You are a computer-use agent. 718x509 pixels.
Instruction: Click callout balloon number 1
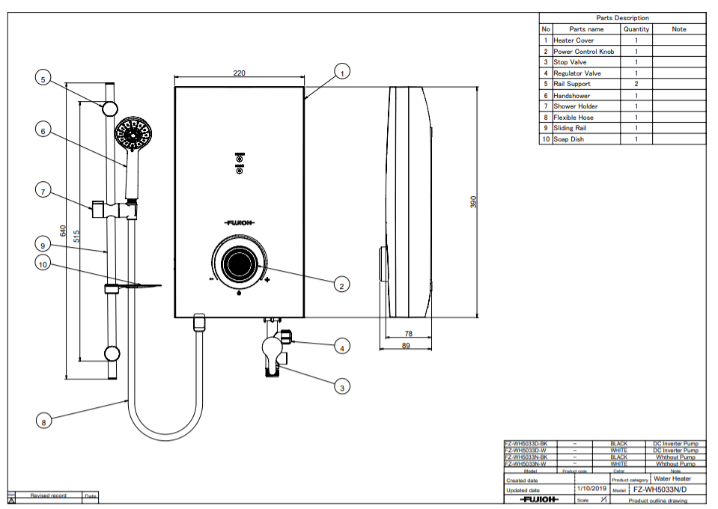[341, 73]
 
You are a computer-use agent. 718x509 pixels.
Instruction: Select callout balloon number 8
[43, 422]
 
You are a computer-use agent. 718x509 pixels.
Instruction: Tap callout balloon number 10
[43, 263]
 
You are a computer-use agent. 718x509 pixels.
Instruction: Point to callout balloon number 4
[341, 347]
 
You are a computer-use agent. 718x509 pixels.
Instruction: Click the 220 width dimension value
[239, 73]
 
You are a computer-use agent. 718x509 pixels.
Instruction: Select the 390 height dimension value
[473, 202]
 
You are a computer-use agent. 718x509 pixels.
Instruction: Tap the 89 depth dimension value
[407, 345]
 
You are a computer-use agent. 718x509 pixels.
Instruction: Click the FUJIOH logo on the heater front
[240, 222]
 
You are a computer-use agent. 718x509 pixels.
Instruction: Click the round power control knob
[239, 263]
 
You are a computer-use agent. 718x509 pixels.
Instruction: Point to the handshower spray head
[134, 135]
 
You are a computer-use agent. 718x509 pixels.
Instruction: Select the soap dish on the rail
[135, 286]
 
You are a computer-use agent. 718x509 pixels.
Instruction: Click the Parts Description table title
[622, 18]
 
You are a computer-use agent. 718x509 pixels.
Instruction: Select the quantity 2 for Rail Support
[636, 84]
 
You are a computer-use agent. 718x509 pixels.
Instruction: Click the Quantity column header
[636, 29]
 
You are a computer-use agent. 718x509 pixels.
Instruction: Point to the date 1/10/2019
[591, 489]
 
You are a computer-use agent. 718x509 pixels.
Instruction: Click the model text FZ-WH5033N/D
[659, 490]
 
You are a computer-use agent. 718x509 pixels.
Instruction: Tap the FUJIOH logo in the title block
[538, 499]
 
